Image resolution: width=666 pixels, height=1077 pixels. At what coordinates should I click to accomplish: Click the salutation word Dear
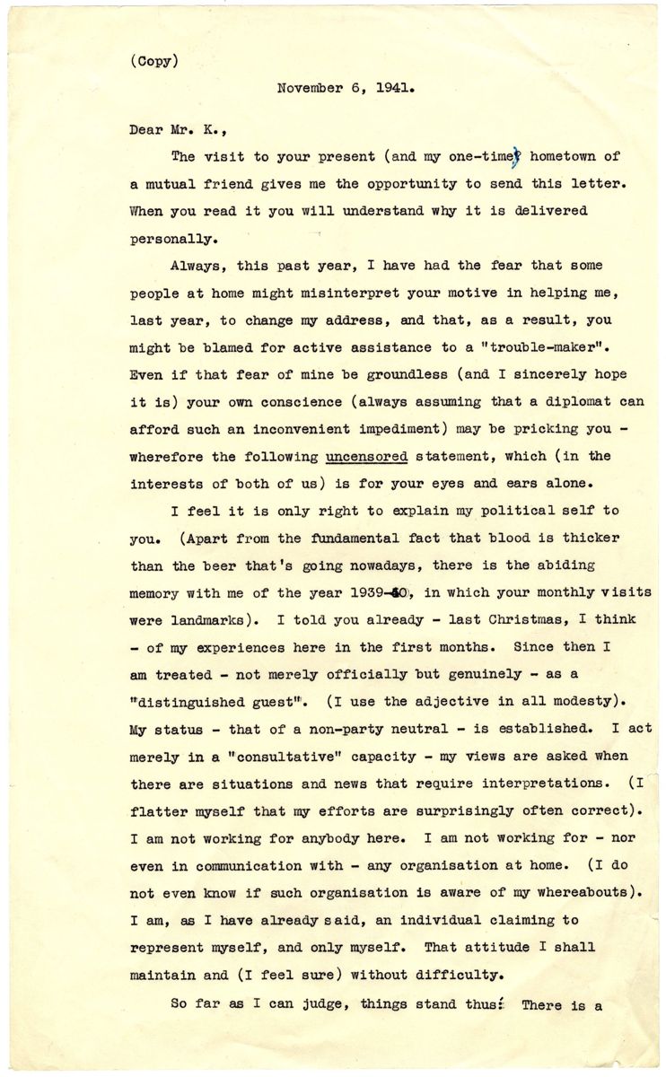coord(146,128)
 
